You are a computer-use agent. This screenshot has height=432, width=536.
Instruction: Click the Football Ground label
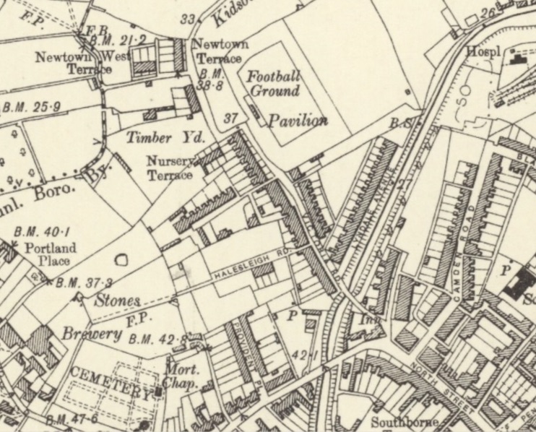tap(273, 84)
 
